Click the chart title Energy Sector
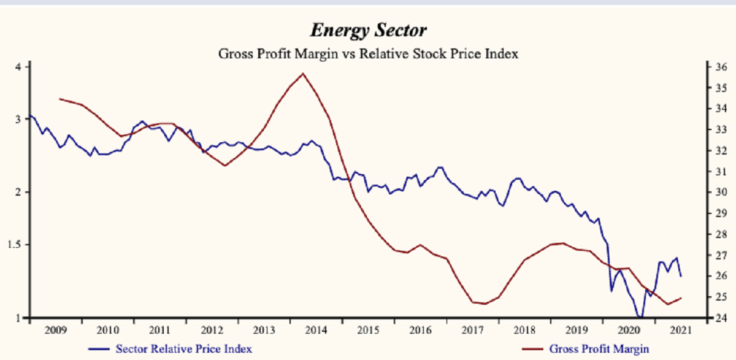(x=368, y=30)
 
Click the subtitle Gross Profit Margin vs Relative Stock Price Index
(x=369, y=53)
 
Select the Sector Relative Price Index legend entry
(x=183, y=349)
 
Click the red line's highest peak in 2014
(x=302, y=74)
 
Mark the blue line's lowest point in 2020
(x=640, y=317)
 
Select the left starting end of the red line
(x=59, y=98)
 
